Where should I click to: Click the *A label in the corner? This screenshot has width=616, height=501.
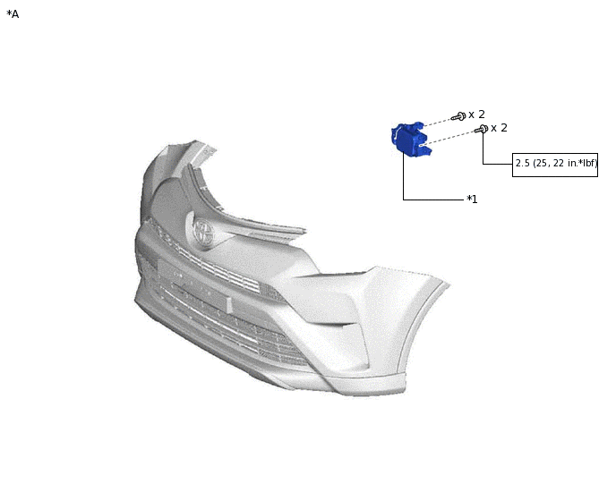pyautogui.click(x=13, y=14)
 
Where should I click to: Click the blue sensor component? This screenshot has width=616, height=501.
pyautogui.click(x=411, y=139)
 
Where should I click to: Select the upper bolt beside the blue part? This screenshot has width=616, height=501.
pyautogui.click(x=458, y=116)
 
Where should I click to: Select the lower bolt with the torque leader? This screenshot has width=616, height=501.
pyautogui.click(x=482, y=129)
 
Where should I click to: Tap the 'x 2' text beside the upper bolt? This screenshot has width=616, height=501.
pyautogui.click(x=476, y=115)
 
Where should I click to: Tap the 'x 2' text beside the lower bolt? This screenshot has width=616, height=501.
pyautogui.click(x=499, y=128)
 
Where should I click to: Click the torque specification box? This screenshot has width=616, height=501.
pyautogui.click(x=555, y=165)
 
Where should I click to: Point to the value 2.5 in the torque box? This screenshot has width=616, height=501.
pyautogui.click(x=523, y=163)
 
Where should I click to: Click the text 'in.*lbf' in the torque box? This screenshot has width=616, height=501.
pyautogui.click(x=582, y=163)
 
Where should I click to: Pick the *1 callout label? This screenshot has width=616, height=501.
pyautogui.click(x=472, y=200)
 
